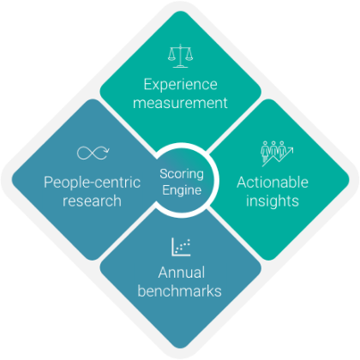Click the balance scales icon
[x=180, y=56]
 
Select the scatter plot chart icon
[x=181, y=247]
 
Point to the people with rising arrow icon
[x=277, y=153]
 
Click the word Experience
[x=180, y=85]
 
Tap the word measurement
[x=180, y=103]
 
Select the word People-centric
[x=92, y=183]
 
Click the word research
[x=92, y=201]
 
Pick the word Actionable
[x=273, y=182]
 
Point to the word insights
[x=273, y=201]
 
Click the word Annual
[x=182, y=273]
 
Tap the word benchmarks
[x=180, y=291]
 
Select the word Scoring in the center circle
[x=182, y=174]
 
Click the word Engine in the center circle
[x=182, y=190]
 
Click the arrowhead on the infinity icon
[x=106, y=150]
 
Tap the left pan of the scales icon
[x=172, y=58]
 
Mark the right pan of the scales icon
[x=189, y=58]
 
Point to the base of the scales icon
[x=180, y=67]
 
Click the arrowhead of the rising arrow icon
[x=291, y=149]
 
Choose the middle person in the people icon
[x=273, y=149]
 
